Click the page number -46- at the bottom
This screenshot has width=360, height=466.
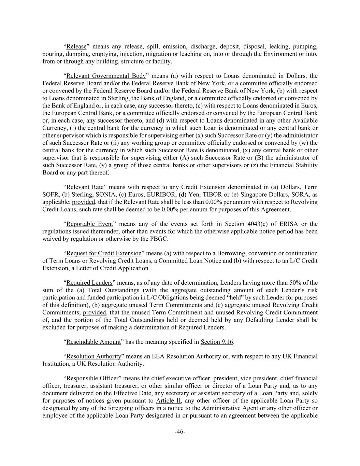[x=180, y=432]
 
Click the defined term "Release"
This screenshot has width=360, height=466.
[x=76, y=46]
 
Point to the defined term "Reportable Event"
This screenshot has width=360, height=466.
[x=89, y=224]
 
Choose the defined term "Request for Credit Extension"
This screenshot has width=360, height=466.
[x=104, y=253]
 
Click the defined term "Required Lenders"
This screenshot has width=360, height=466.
[x=89, y=283]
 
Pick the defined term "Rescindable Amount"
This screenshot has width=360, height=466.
[x=93, y=342]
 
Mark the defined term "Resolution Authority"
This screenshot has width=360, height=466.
[x=94, y=356]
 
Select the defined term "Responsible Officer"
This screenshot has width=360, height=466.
[x=92, y=378]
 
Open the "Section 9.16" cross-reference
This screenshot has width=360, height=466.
[x=217, y=342]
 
